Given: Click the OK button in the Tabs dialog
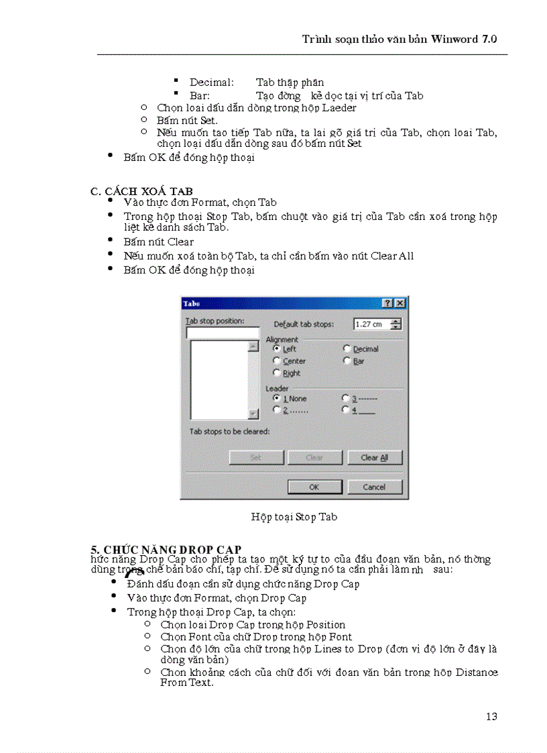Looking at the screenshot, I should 314,487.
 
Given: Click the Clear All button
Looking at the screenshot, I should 374,457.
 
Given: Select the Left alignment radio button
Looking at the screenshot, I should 277,349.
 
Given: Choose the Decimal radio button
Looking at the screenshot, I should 347,349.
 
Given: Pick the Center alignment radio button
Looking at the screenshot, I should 277,361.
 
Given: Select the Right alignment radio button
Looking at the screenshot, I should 277,373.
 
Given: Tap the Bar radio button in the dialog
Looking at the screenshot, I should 347,361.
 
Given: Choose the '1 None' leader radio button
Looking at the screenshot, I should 277,398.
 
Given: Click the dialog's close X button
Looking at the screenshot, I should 400,304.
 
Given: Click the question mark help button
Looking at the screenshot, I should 387,304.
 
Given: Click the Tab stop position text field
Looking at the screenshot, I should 223,333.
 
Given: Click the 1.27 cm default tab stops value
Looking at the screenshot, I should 371,325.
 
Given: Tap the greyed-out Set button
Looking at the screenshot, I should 256,457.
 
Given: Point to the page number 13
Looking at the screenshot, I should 491,716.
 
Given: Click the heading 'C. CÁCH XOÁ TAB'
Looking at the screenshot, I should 141,192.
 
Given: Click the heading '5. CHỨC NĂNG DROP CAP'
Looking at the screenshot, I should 166,550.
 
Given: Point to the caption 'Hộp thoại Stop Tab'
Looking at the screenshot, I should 294,517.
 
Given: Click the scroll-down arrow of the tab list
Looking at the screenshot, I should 253,414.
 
